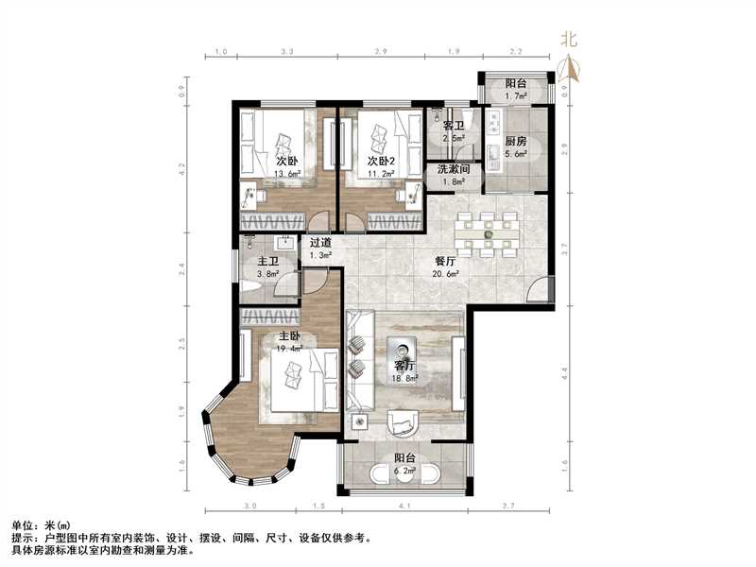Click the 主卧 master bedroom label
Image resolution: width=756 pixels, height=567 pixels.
[289, 336]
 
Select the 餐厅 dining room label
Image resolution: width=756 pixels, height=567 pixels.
[445, 261]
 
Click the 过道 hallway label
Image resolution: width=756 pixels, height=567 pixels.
[321, 242]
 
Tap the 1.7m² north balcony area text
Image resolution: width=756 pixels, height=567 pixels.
[516, 96]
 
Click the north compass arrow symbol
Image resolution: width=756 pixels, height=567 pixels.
[569, 65]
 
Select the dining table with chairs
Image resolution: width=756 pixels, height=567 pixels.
[488, 233]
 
